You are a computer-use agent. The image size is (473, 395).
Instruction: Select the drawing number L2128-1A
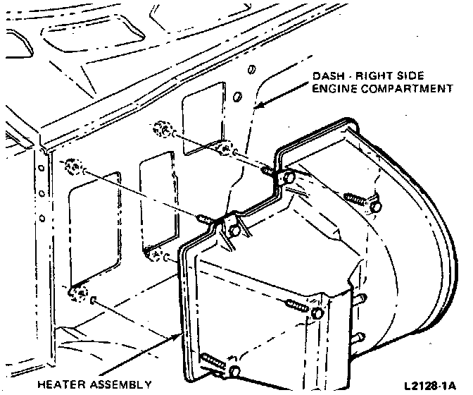click(x=430, y=386)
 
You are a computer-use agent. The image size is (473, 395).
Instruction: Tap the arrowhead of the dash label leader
click(x=256, y=107)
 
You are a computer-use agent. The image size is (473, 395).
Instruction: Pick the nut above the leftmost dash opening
click(x=71, y=167)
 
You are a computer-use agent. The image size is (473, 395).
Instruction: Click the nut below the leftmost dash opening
click(x=79, y=291)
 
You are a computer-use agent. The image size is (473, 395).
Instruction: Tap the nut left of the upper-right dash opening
click(x=161, y=131)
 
